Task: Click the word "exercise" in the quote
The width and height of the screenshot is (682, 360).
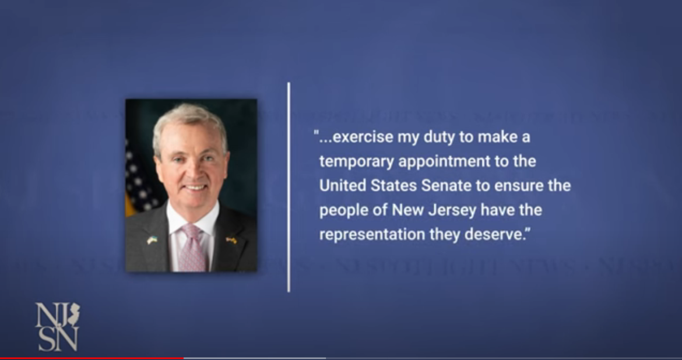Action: click(x=360, y=138)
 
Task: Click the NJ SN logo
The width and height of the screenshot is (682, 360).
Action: click(x=57, y=326)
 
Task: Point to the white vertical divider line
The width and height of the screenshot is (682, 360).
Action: click(x=289, y=186)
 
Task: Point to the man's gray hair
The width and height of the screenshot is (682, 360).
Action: click(x=189, y=117)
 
